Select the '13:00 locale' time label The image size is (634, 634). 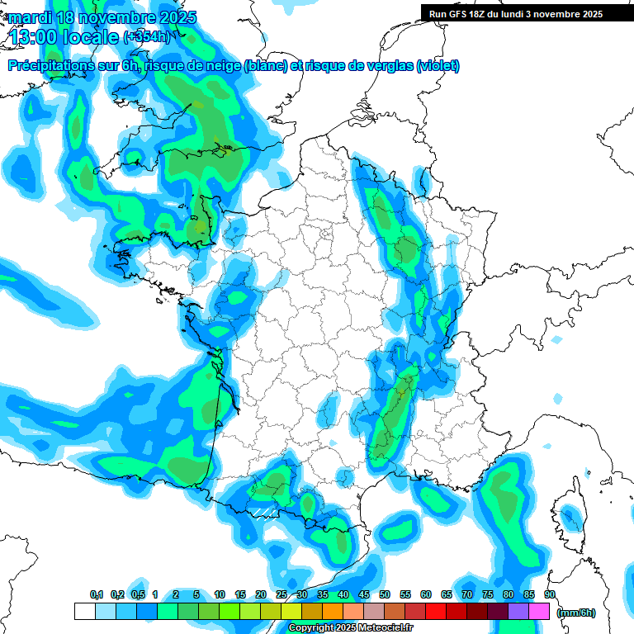click(x=64, y=36)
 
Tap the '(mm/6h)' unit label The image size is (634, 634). click(x=576, y=613)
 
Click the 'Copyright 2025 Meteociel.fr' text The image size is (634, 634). click(x=351, y=628)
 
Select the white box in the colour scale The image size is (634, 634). click(x=84, y=612)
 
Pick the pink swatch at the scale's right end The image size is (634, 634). click(x=539, y=612)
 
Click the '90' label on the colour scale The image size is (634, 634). click(x=550, y=594)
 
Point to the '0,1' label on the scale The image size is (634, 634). click(x=97, y=594)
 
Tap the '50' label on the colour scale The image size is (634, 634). click(x=385, y=594)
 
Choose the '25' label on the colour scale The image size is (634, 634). click(x=282, y=594)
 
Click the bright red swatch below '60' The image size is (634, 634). click(x=436, y=612)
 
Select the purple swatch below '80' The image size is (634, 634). click(x=518, y=612)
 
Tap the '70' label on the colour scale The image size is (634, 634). click(x=467, y=594)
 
